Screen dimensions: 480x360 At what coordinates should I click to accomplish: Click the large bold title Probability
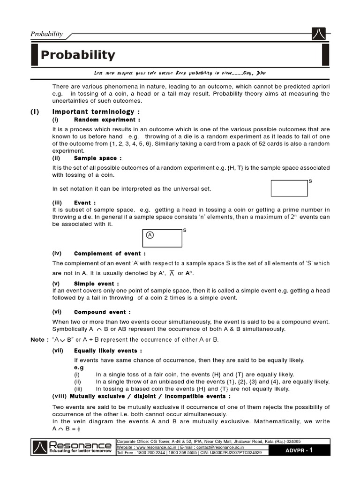(77, 55)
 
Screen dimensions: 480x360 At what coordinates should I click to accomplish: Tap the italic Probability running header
(46, 34)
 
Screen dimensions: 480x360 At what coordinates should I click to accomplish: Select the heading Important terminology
(96, 112)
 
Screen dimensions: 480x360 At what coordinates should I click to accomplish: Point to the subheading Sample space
(97, 158)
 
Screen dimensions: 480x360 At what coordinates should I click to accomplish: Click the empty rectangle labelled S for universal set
(289, 188)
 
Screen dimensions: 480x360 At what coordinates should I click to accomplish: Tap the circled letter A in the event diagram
(150, 235)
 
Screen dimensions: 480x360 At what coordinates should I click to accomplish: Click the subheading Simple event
(96, 284)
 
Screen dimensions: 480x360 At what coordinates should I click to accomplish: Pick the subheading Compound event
(102, 312)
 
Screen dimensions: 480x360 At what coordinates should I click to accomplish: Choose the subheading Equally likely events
(108, 351)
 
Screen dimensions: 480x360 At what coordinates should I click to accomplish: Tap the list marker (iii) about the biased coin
(78, 389)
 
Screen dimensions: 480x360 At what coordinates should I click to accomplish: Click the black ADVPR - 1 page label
(299, 450)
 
